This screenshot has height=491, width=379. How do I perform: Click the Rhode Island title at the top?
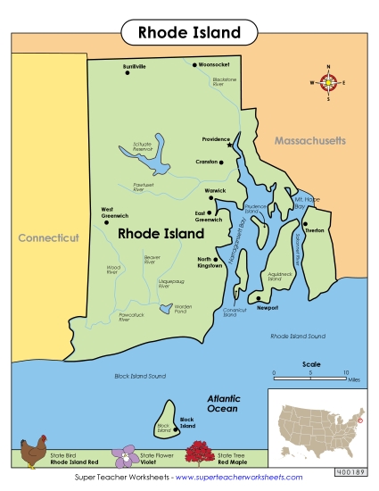189,33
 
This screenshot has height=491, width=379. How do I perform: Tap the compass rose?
327,83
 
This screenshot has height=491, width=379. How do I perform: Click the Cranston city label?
207,162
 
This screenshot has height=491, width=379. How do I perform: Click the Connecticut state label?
48,238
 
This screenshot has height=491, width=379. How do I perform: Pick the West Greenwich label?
115,212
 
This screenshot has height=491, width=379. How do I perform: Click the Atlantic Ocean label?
223,404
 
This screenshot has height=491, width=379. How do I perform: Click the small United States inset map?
320,421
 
